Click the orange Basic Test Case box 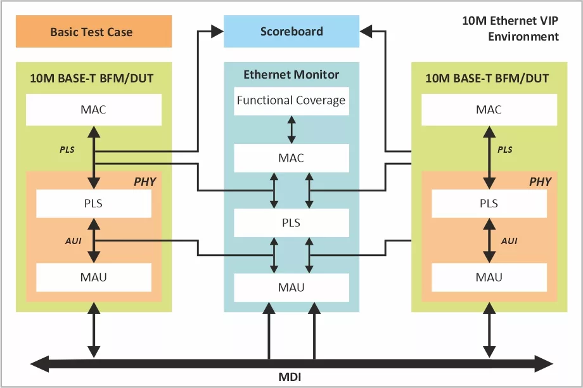(94, 31)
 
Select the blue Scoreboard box (291, 31)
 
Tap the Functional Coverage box (291, 101)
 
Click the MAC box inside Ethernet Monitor (291, 158)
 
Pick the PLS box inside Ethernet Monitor (291, 223)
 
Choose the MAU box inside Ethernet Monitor (291, 288)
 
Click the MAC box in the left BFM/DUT (94, 110)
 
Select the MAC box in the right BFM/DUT (489, 110)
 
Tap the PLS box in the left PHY (94, 204)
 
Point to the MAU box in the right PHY (489, 277)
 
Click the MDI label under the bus (290, 377)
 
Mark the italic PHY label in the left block (145, 181)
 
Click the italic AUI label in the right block (509, 241)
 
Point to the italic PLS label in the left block (67, 150)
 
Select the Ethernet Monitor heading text (291, 74)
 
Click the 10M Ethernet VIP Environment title (511, 29)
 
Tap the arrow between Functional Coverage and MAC (291, 129)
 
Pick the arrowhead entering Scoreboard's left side (217, 31)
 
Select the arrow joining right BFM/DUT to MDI (489, 330)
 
